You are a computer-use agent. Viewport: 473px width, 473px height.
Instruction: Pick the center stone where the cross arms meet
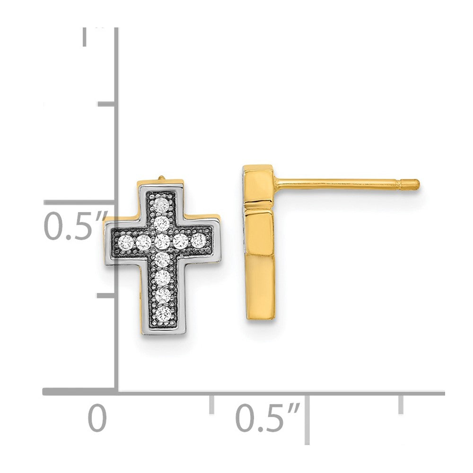click(162, 242)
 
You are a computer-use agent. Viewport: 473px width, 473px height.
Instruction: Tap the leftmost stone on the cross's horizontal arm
click(126, 243)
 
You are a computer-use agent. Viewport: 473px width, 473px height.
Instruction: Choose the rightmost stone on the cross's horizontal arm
click(198, 240)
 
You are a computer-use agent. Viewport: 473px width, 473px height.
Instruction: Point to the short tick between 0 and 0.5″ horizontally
click(211, 403)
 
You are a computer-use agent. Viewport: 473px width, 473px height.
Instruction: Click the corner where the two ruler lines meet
click(117, 392)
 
